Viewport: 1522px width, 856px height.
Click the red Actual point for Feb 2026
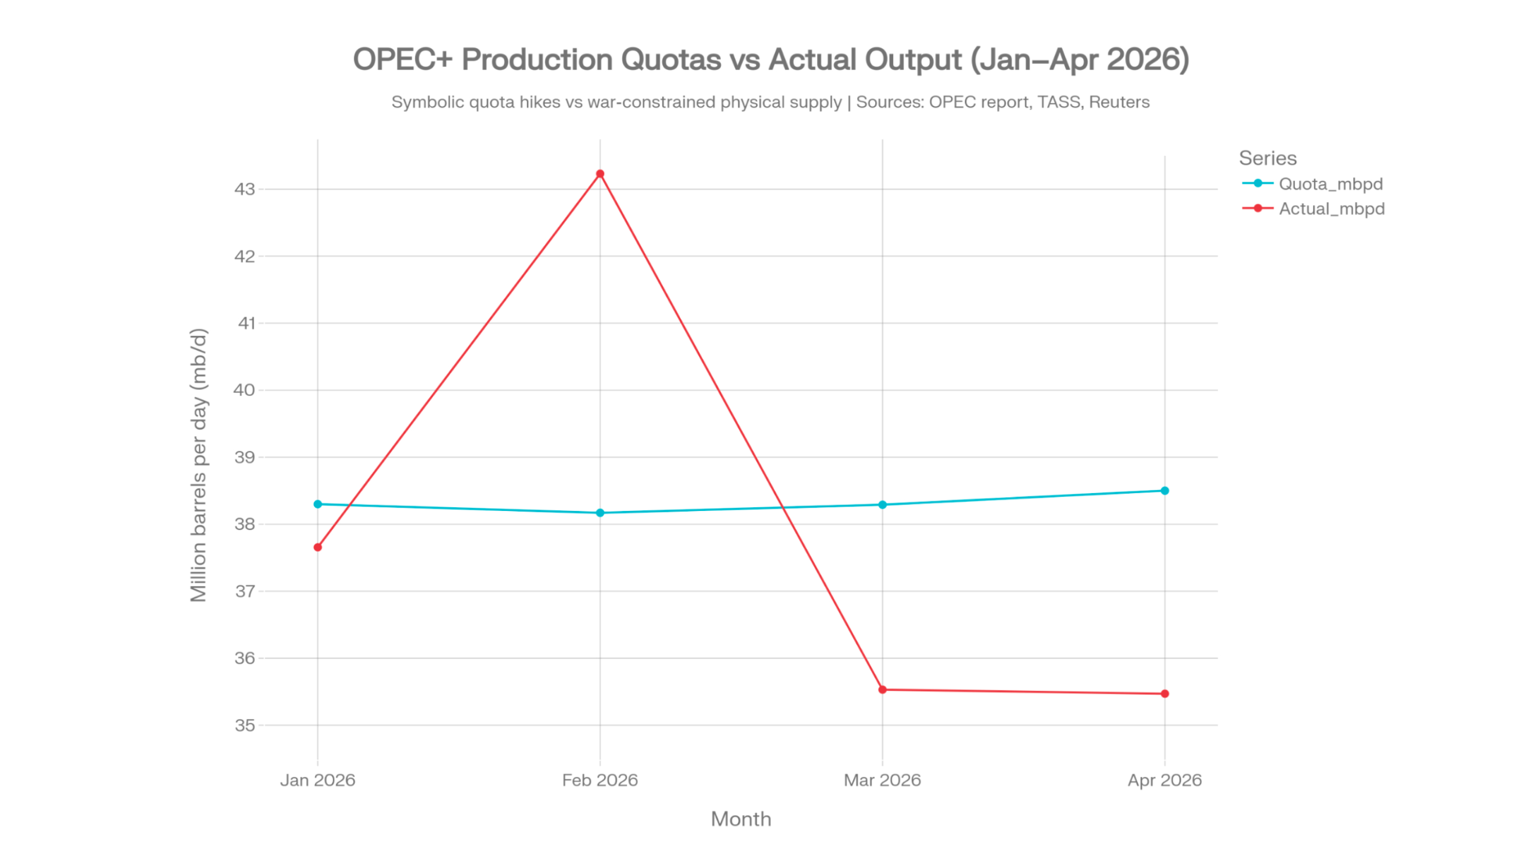click(x=600, y=174)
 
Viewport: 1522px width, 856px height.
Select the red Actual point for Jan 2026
click(x=318, y=547)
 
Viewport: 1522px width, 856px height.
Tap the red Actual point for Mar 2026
click(x=882, y=690)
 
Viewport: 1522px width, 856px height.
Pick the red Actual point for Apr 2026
click(x=1165, y=694)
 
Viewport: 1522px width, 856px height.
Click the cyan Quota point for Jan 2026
click(x=318, y=504)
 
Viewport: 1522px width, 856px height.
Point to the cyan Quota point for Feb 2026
click(x=600, y=513)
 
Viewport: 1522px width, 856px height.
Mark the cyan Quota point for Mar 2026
click(x=882, y=505)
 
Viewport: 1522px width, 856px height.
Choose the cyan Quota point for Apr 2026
click(x=1165, y=490)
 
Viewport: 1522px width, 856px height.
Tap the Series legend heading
click(x=1267, y=158)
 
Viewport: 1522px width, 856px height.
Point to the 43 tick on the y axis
click(x=245, y=189)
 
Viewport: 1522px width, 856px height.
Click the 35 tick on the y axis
click(x=245, y=725)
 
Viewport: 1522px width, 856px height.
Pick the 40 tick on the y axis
click(x=244, y=390)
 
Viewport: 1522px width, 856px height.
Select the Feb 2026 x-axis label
click(x=600, y=780)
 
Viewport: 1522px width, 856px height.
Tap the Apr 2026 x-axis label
click(x=1165, y=780)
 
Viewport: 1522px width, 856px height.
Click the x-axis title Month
click(x=741, y=819)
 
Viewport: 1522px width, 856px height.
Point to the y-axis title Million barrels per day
click(x=199, y=465)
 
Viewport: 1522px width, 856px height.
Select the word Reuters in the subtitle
click(x=1119, y=102)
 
